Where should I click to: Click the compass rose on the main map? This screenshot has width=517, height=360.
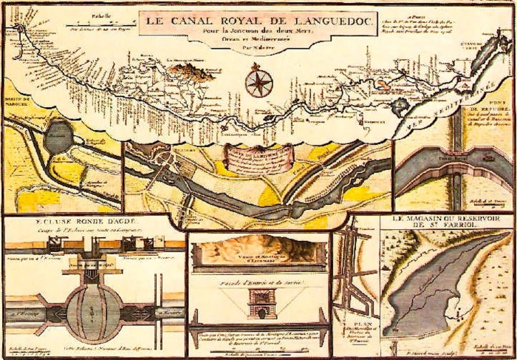tap(259, 81)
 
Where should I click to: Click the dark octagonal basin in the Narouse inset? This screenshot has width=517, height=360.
tap(55, 137)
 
